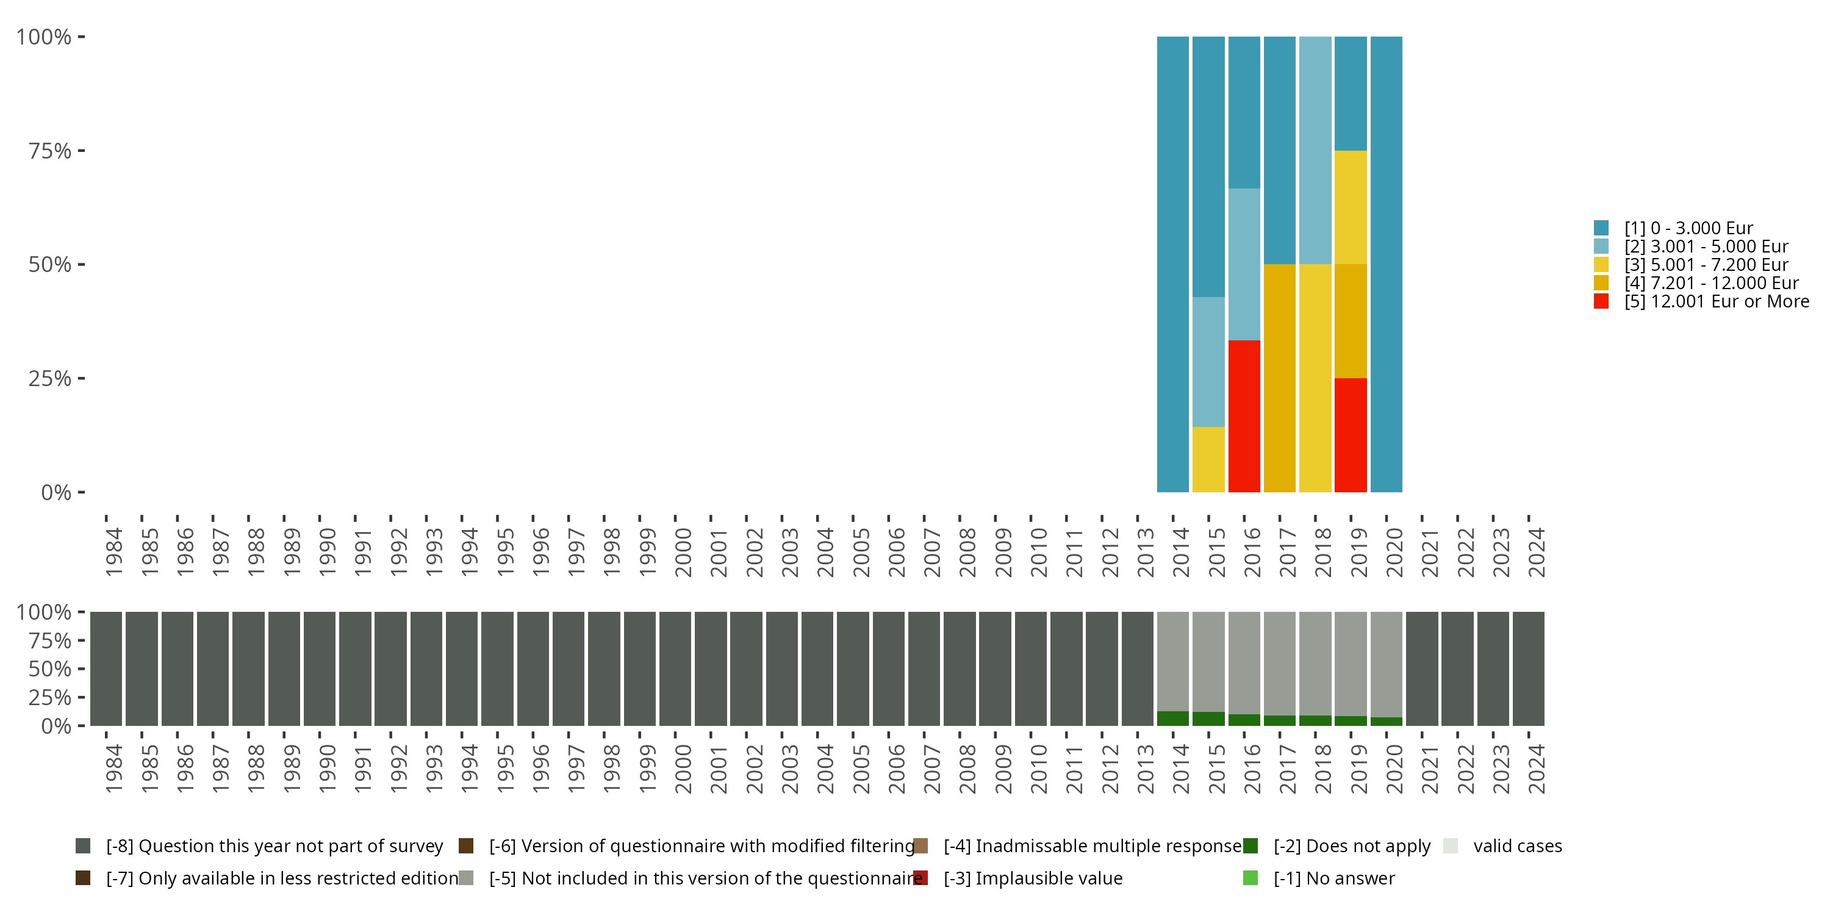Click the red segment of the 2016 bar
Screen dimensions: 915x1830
1244,416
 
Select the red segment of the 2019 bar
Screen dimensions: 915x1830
1351,435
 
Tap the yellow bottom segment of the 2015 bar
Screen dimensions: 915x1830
1208,459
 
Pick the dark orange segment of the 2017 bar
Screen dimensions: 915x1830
1279,378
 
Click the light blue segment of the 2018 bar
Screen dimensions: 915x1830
1315,151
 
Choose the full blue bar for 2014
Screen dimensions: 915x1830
1173,264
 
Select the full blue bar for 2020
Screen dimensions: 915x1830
1386,264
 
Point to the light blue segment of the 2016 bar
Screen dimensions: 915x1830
1244,264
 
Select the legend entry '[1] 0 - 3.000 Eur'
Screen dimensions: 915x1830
1688,228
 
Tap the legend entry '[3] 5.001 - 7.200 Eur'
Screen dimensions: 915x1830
1706,265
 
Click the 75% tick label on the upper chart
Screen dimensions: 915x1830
50,151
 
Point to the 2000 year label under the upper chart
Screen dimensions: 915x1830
683,552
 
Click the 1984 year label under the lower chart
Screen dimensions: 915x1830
113,769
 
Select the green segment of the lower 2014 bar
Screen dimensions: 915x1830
1173,718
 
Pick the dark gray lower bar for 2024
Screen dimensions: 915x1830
1528,669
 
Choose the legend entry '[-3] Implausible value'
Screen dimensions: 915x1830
1032,878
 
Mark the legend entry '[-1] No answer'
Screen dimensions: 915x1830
1333,878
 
